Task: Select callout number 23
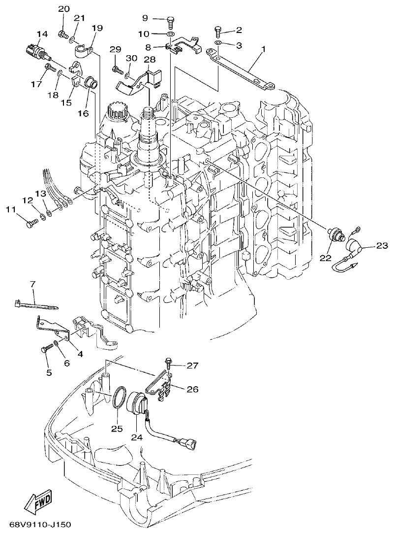[382, 245]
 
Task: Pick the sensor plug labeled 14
[35, 50]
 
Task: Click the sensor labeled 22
[336, 234]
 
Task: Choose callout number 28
[150, 60]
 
